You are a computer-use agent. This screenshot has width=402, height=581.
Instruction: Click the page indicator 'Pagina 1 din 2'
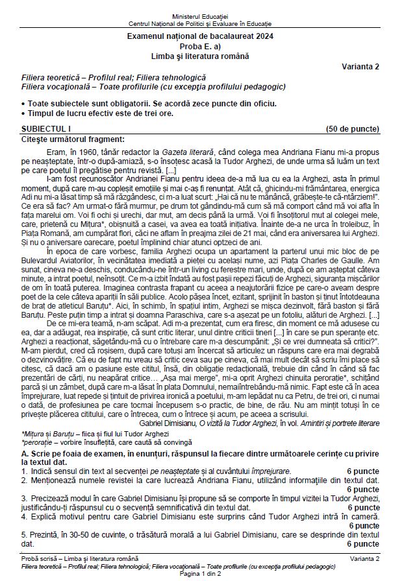click(x=201, y=575)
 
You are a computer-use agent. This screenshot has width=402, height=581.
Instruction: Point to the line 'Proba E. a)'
click(x=200, y=49)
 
